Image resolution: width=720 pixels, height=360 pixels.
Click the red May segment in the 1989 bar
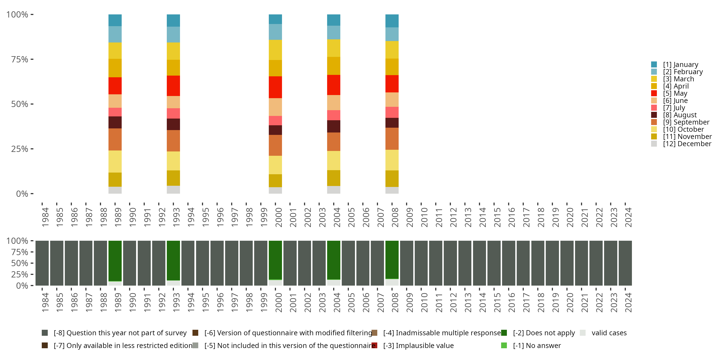pyautogui.click(x=115, y=86)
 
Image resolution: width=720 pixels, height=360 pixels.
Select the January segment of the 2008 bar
pyautogui.click(x=392, y=21)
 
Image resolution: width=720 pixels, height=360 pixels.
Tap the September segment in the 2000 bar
pyautogui.click(x=275, y=145)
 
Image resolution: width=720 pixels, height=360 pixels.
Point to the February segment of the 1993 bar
pyautogui.click(x=173, y=34)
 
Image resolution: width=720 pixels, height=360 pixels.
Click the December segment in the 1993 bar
pyautogui.click(x=173, y=190)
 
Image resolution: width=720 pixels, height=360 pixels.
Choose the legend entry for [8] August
pyautogui.click(x=679, y=115)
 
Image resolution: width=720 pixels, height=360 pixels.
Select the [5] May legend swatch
pyautogui.click(x=654, y=93)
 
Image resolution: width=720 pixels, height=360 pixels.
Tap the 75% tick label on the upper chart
pyautogui.click(x=20, y=59)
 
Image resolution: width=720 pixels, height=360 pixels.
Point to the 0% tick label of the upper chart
pyautogui.click(x=22, y=194)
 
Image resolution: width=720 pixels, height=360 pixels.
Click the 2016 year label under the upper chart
pyautogui.click(x=511, y=217)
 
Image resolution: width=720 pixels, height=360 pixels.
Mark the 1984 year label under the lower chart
pyautogui.click(x=45, y=302)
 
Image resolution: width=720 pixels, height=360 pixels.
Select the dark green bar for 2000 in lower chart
pyautogui.click(x=275, y=260)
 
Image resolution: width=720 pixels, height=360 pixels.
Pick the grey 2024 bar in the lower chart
pyautogui.click(x=625, y=263)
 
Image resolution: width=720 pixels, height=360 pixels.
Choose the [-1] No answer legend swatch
pyautogui.click(x=504, y=345)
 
